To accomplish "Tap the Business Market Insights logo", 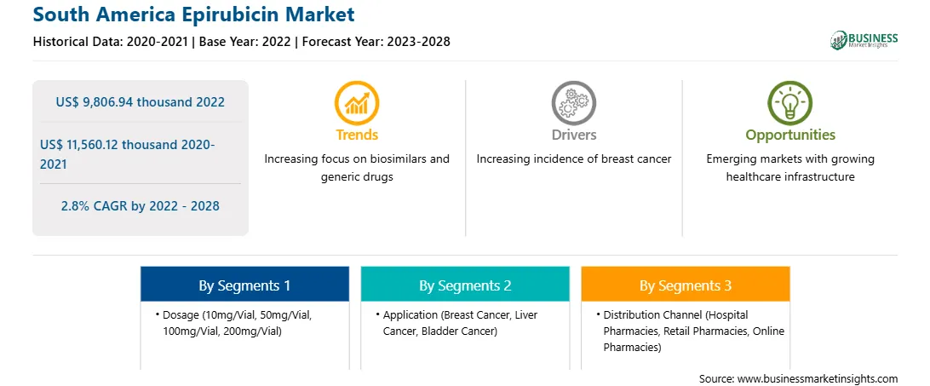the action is click(x=864, y=40).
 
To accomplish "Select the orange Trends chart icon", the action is click(x=357, y=103).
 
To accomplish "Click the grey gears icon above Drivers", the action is click(x=573, y=103).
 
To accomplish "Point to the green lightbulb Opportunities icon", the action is click(x=790, y=103).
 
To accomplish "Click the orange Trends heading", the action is click(x=357, y=135).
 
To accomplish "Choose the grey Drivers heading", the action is click(x=573, y=135).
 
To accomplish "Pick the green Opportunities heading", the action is click(x=790, y=135).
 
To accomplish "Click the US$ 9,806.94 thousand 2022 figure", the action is click(x=140, y=102).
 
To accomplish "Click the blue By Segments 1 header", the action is click(x=244, y=285).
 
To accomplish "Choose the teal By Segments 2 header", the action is click(x=465, y=285).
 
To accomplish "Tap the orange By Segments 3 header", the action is click(x=685, y=285).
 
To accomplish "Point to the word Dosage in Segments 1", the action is click(x=181, y=315).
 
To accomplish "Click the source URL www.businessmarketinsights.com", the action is click(x=818, y=378).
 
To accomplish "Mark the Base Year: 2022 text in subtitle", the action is click(x=244, y=42).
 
